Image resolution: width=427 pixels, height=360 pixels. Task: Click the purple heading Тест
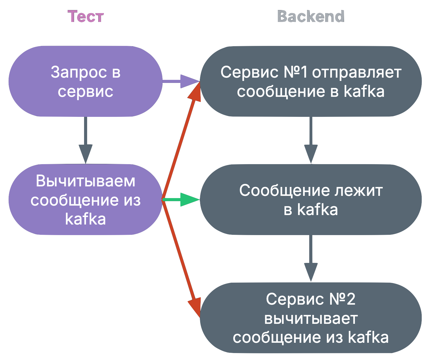85,16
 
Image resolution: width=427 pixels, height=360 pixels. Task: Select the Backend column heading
311,16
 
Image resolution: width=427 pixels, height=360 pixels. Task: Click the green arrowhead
189,199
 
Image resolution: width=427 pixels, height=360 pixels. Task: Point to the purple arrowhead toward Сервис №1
189,81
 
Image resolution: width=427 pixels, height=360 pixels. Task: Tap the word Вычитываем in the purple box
85,181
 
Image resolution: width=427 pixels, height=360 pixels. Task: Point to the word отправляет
357,72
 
